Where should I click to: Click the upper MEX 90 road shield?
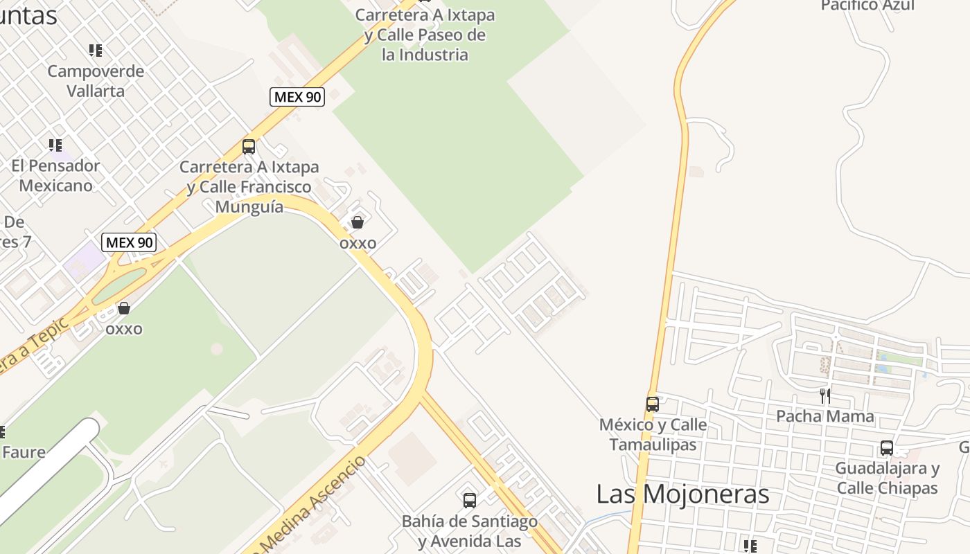click(297, 97)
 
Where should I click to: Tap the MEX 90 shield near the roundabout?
click(129, 242)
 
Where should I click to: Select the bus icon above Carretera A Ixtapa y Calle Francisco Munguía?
click(249, 147)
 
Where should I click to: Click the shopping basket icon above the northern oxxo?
click(358, 222)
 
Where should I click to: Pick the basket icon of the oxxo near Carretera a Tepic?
click(124, 308)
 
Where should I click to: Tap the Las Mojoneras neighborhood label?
click(682, 494)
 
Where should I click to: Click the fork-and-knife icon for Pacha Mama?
click(825, 396)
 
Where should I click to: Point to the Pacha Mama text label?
click(824, 416)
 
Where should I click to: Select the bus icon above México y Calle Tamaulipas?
click(653, 404)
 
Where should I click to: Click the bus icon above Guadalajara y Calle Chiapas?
click(887, 448)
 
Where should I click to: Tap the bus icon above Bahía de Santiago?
click(470, 500)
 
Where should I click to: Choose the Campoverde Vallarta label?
click(96, 81)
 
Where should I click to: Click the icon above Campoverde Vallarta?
click(96, 51)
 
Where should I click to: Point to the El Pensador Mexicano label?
click(55, 176)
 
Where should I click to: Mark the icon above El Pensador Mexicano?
click(55, 145)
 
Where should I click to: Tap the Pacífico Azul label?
click(867, 6)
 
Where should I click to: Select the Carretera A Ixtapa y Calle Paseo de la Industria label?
click(425, 35)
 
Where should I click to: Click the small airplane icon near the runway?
click(164, 463)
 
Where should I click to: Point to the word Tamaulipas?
click(653, 444)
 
